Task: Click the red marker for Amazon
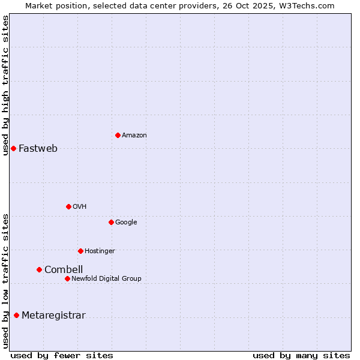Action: (x=118, y=135)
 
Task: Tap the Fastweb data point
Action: (x=13, y=148)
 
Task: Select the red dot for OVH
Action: (x=68, y=206)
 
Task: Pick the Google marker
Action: (x=111, y=222)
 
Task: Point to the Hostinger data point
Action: (x=80, y=251)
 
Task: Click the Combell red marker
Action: (x=39, y=269)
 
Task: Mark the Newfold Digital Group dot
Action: (x=67, y=278)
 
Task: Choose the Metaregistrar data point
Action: (x=16, y=315)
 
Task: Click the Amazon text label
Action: (x=134, y=136)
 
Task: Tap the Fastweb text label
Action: (x=38, y=149)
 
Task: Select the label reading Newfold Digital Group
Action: (x=106, y=278)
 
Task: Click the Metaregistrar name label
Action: (x=53, y=316)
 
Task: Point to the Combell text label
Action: (x=64, y=270)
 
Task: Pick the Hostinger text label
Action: (x=100, y=251)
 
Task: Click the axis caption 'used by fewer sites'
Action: (x=62, y=355)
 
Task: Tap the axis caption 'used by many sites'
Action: (x=301, y=355)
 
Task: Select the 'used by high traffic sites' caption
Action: (x=6, y=85)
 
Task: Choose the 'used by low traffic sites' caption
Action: (x=6, y=280)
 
